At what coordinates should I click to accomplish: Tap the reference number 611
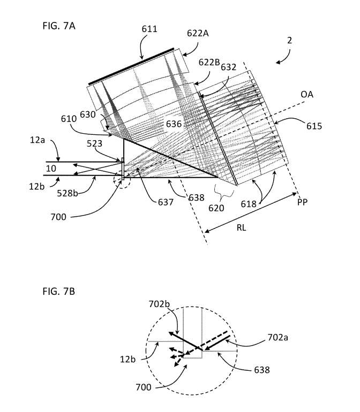tap(149, 29)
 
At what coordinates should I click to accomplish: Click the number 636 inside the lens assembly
tap(174, 124)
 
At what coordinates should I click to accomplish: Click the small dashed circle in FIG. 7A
tap(122, 180)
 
